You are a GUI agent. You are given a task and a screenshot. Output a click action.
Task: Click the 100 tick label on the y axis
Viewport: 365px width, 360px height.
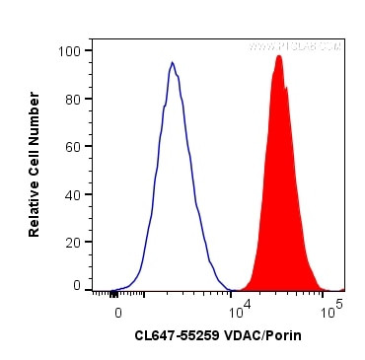pyautogui.click(x=73, y=50)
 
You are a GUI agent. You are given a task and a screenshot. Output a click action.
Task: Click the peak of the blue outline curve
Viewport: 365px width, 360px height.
pyautogui.click(x=172, y=63)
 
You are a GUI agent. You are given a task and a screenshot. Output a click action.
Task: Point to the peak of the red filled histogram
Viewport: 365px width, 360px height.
pyautogui.click(x=279, y=56)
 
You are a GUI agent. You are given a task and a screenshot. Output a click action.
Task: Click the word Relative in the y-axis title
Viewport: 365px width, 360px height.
pyautogui.click(x=35, y=206)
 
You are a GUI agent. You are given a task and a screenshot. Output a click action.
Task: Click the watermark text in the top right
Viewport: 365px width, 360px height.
pyautogui.click(x=295, y=46)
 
